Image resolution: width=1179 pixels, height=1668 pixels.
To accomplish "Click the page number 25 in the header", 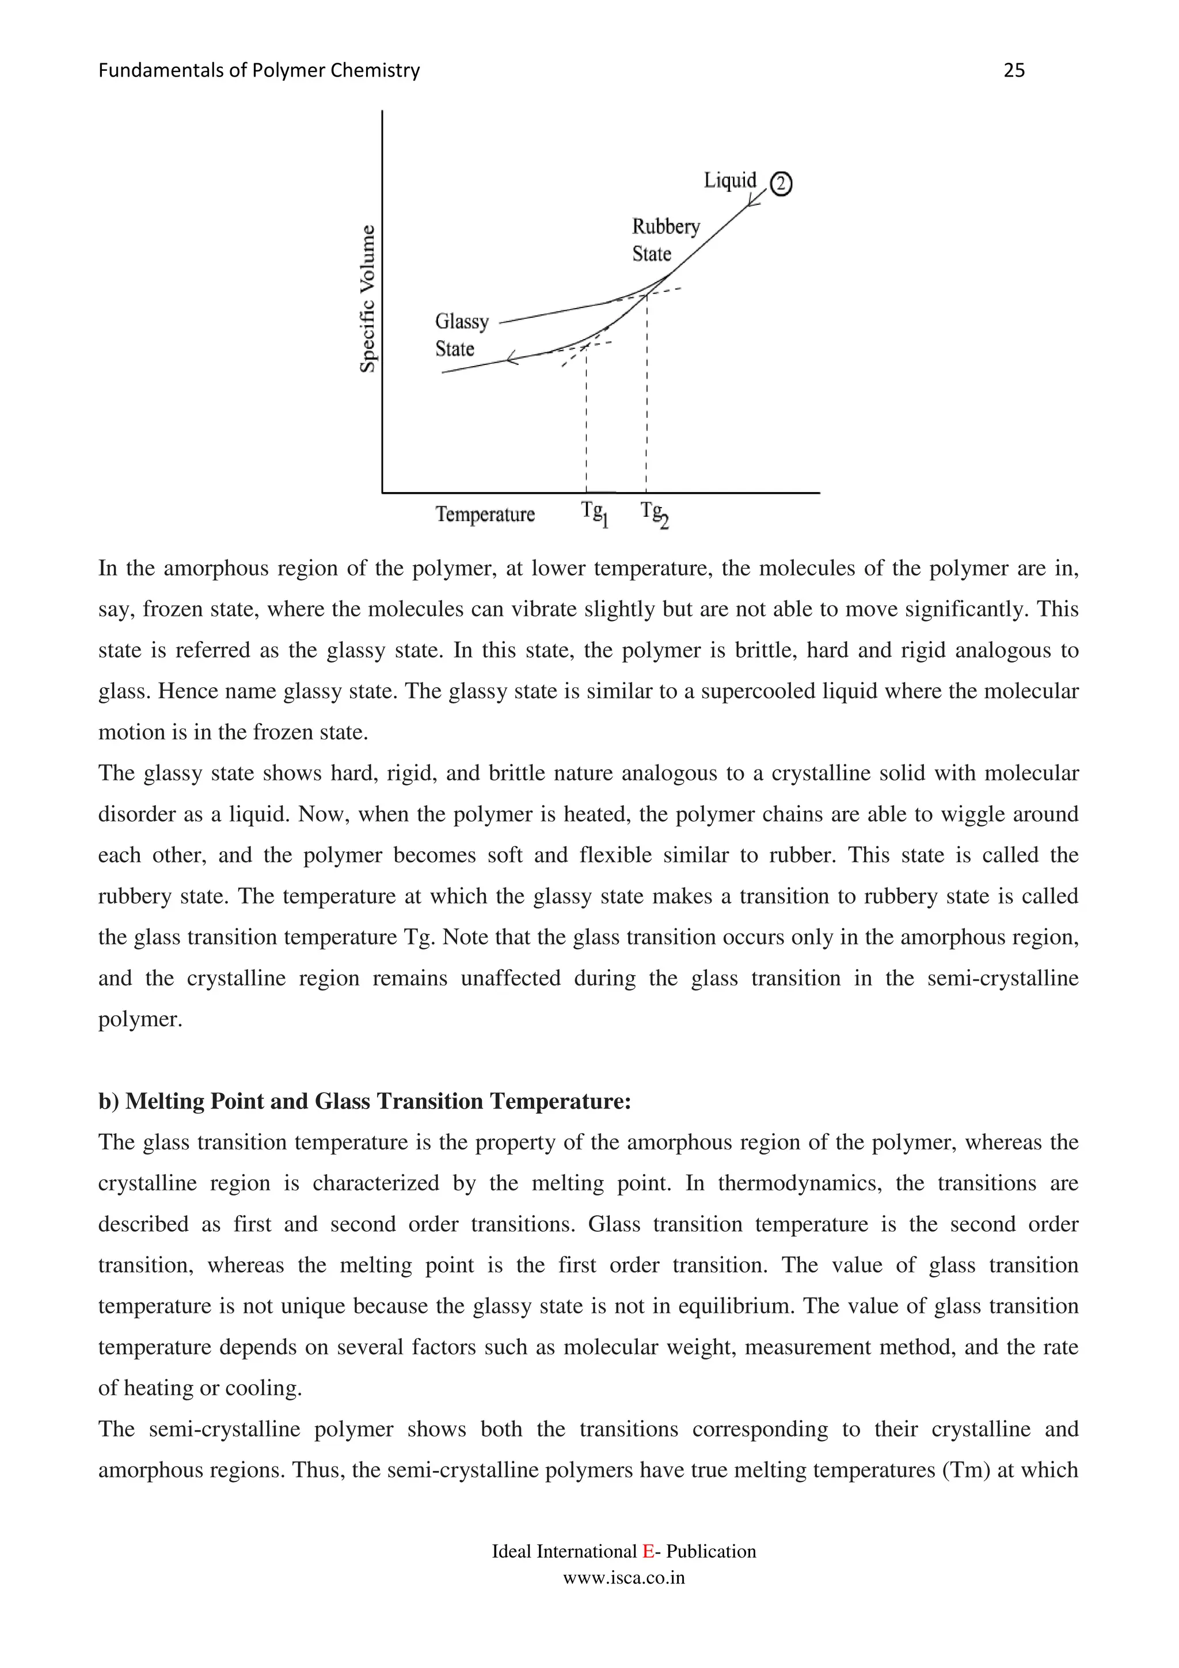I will tap(1013, 70).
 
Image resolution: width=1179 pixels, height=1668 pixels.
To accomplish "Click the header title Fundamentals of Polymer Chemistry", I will tap(258, 70).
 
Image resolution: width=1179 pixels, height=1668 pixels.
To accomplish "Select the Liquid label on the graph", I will tap(729, 180).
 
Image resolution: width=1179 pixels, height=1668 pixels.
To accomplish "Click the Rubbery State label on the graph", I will tap(665, 240).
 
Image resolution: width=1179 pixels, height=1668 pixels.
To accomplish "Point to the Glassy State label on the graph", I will tap(461, 335).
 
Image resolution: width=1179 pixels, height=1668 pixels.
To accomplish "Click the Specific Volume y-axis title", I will tap(368, 299).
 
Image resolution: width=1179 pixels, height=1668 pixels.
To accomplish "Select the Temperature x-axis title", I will tap(485, 515).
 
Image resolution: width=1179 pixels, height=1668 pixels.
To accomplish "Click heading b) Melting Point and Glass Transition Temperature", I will tap(364, 1101).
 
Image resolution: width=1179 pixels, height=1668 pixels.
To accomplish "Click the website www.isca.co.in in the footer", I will tap(624, 1578).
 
